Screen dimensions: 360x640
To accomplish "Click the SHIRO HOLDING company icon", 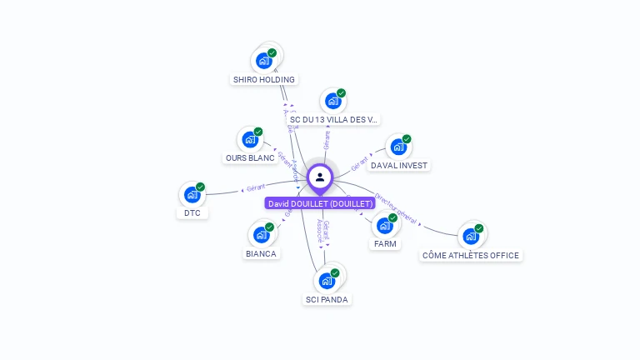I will point(264,60).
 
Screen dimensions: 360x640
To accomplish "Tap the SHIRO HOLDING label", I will point(263,80).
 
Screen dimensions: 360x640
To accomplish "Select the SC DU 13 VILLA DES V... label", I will point(332,119).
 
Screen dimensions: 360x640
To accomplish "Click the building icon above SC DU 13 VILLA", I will point(333,101).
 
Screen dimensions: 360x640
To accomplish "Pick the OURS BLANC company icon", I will point(250,139).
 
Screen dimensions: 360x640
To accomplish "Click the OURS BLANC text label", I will point(250,158).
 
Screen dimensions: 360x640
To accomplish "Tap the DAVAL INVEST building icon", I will point(399,147).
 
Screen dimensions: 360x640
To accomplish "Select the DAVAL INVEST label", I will point(399,166).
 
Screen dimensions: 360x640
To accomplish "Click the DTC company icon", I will point(192,195).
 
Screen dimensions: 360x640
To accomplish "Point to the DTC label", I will point(192,213).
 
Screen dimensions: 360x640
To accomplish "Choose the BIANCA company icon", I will point(261,234).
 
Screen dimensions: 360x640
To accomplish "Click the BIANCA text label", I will point(261,253).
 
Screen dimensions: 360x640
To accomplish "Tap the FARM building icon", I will point(385,225).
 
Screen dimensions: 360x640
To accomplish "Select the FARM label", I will point(385,244).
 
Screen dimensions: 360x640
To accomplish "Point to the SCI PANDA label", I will point(327,299).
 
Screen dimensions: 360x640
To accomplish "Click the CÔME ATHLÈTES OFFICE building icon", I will point(471,236).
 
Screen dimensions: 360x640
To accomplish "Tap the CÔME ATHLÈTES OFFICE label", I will point(471,256).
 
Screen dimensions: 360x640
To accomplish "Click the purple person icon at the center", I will point(320,177).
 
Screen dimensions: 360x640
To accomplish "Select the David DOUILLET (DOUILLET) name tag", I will point(321,203).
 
